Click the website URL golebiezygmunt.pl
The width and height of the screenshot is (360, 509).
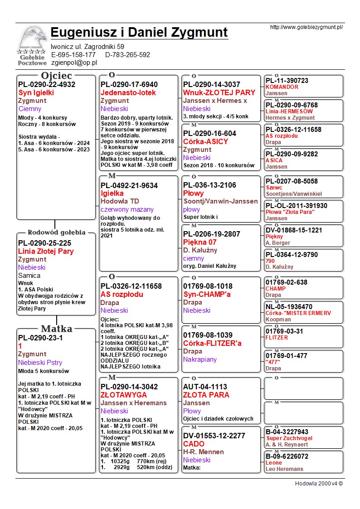(306, 27)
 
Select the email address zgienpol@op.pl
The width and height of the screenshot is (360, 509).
(74, 63)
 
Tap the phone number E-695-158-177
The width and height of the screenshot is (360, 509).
(73, 55)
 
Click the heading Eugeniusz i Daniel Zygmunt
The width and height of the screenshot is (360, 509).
(139, 33)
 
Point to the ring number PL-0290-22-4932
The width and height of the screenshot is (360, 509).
(47, 84)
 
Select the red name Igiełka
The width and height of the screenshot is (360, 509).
(112, 194)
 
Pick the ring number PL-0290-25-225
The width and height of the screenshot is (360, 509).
(44, 243)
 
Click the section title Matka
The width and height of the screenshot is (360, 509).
(56, 329)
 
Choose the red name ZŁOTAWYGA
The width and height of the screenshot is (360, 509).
(124, 395)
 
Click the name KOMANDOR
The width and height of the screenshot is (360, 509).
(282, 87)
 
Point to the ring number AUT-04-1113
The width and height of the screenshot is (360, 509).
(205, 387)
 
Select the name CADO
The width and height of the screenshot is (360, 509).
(194, 444)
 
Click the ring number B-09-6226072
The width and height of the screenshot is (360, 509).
(287, 456)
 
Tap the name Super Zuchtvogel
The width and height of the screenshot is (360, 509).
(287, 438)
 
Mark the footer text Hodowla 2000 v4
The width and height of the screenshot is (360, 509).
(319, 484)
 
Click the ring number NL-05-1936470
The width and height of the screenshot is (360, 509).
(289, 307)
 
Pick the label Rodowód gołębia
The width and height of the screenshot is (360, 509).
(56, 233)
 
